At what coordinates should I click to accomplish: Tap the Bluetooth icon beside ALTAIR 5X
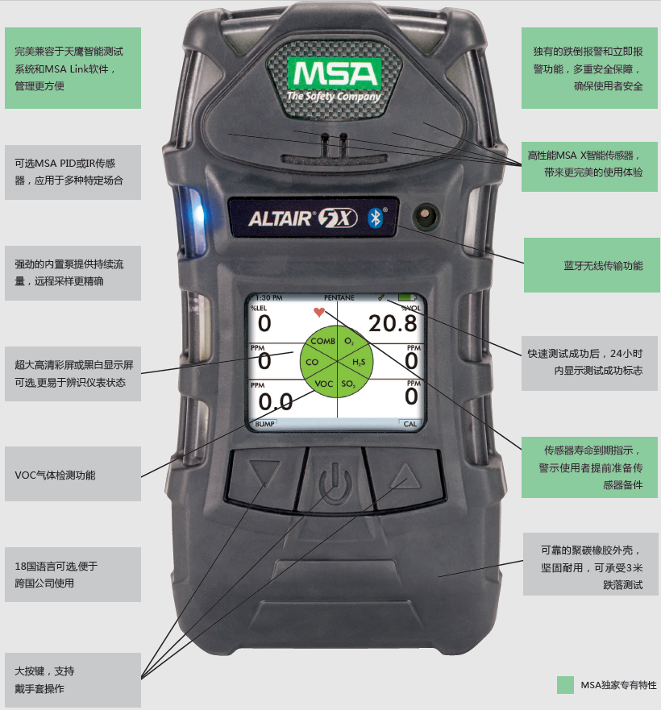tap(374, 218)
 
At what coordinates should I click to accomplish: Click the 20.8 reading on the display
tap(393, 324)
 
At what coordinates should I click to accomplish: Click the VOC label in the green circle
tap(323, 384)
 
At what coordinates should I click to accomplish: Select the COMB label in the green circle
tap(322, 342)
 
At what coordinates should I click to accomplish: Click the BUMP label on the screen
tap(264, 423)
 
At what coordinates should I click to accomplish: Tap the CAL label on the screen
tap(410, 423)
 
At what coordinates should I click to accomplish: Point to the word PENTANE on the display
tap(339, 297)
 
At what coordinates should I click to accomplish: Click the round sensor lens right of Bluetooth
tap(425, 216)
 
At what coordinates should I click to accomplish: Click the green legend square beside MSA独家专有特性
tap(566, 684)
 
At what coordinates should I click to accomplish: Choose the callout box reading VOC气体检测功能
tap(73, 475)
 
